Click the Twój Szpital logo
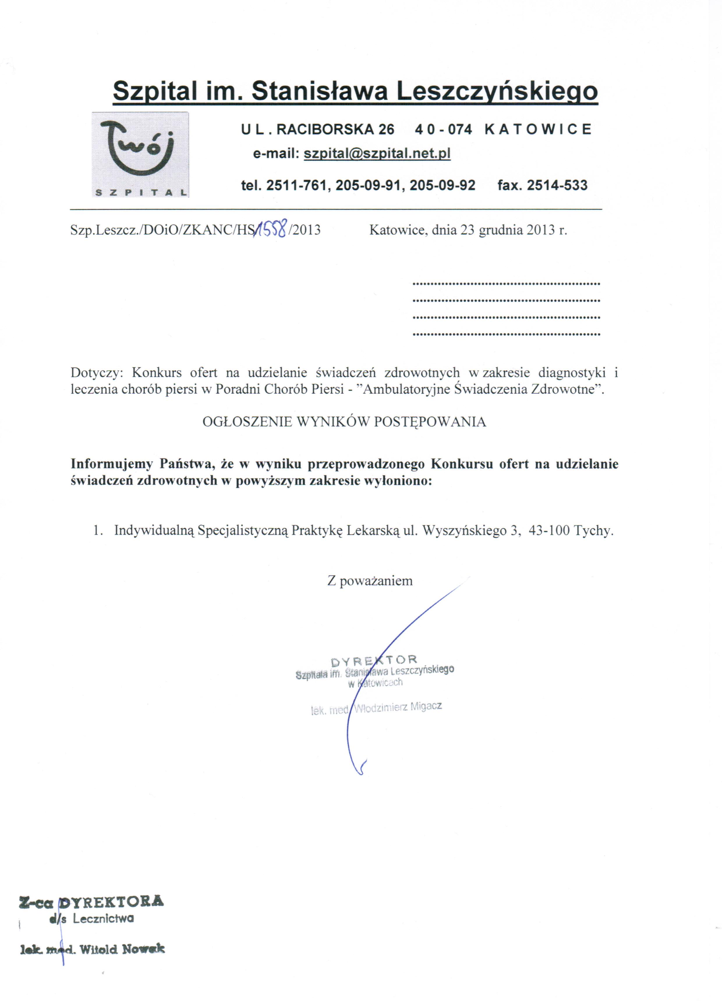point(140,154)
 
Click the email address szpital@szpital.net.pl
point(377,153)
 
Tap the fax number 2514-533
point(557,185)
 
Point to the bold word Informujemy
point(112,464)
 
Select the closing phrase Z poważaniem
point(370,580)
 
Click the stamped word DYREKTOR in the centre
point(373,660)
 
